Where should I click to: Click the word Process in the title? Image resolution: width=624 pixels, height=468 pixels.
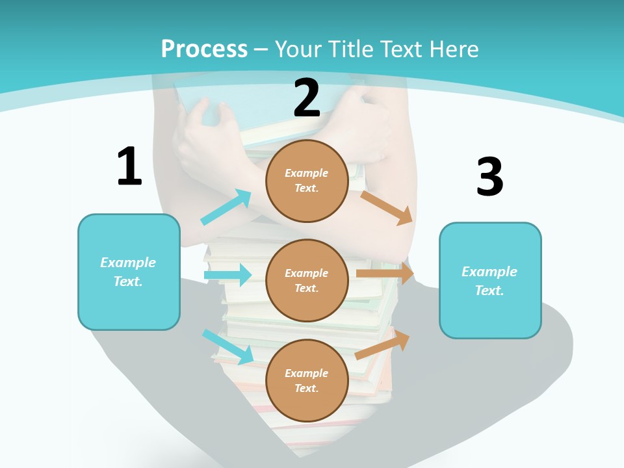click(204, 49)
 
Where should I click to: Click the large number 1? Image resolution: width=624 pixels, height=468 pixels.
click(129, 166)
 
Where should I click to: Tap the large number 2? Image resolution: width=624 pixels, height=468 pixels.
click(307, 97)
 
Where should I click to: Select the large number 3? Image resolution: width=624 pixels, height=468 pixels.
click(489, 177)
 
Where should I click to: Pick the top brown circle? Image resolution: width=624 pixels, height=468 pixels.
click(307, 181)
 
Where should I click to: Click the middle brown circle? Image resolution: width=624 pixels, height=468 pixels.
click(307, 280)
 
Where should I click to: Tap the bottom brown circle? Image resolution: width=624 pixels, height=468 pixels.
click(307, 380)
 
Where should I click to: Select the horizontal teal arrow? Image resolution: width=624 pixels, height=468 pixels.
click(227, 275)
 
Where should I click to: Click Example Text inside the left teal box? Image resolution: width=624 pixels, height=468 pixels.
click(128, 272)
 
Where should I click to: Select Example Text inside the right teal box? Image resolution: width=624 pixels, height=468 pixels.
click(489, 281)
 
